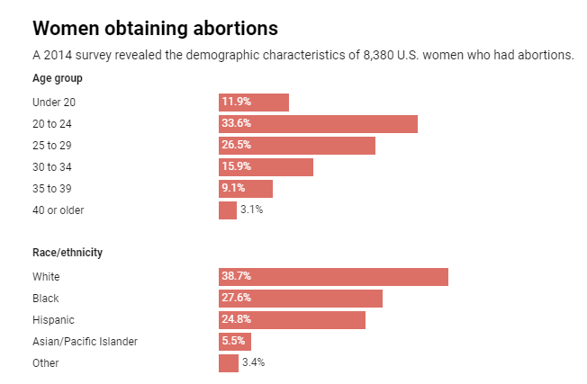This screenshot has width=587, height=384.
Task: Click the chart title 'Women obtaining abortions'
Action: pos(155,27)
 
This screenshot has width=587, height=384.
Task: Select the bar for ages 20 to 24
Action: pos(318,124)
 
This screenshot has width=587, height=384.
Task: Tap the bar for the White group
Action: pos(333,277)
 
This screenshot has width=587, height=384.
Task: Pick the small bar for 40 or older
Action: pos(227,210)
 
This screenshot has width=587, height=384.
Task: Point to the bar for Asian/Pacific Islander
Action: pos(235,342)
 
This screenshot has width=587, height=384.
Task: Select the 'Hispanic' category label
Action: pos(53,320)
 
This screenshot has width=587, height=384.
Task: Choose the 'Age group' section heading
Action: pos(58,78)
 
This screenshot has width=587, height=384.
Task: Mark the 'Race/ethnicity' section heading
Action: pos(68,253)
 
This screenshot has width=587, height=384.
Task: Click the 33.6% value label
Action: pos(237,124)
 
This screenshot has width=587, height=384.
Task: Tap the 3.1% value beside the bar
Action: pos(251,210)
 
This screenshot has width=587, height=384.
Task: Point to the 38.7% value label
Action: pos(237,277)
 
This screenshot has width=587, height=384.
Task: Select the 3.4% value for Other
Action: pos(253,363)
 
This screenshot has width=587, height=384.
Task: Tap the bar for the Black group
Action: pos(301,299)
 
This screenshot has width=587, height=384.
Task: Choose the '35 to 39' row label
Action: pos(52,189)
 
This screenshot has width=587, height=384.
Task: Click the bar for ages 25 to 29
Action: pos(297,146)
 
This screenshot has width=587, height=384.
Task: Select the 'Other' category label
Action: pos(45,363)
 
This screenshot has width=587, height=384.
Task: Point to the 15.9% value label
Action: pos(237,167)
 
